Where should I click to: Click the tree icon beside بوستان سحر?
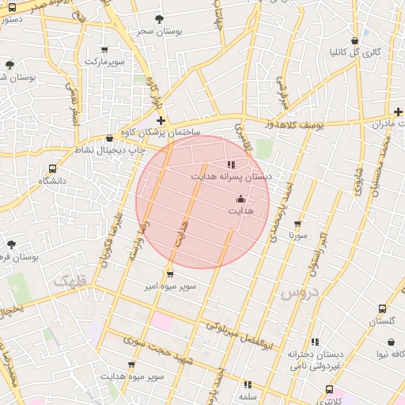160,19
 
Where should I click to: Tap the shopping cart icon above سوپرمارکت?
105,49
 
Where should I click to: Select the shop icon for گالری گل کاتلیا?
354,40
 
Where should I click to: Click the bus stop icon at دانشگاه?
52,168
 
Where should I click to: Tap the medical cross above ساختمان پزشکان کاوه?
161,121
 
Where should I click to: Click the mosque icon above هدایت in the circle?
240,199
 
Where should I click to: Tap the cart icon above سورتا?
297,224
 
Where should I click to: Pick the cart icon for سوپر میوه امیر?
170,274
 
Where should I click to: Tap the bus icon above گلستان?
382,309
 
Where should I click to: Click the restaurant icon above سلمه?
248,384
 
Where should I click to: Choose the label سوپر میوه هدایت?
132,377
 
